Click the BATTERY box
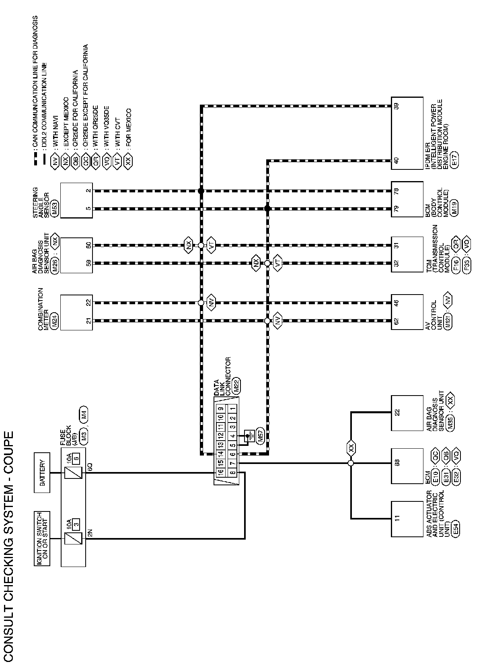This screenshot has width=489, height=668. point(42,472)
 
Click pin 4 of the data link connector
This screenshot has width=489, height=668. point(232,436)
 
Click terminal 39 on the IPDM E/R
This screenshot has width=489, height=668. point(397,107)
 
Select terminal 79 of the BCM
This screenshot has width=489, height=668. point(397,208)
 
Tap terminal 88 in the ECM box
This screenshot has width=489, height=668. point(397,463)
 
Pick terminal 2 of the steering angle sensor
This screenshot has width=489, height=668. point(88,190)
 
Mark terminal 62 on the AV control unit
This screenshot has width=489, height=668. point(397,321)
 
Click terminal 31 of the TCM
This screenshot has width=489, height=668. point(397,245)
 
